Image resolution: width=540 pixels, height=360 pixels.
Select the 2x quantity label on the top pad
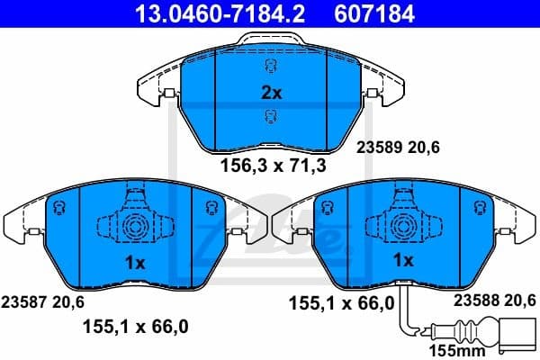pyautogui.click(x=271, y=93)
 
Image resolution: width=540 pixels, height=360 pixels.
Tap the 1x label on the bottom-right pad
pyautogui.click(x=404, y=260)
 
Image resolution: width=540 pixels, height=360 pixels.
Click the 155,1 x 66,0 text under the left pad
pyautogui.click(x=135, y=328)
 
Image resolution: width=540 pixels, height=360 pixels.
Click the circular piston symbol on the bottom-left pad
pyautogui.click(x=135, y=225)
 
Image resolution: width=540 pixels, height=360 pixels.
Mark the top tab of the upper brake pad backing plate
pyautogui.click(x=269, y=40)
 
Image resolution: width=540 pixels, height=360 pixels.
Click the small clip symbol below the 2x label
pyautogui.click(x=271, y=116)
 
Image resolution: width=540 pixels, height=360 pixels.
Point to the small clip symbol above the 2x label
pyautogui.click(x=271, y=68)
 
